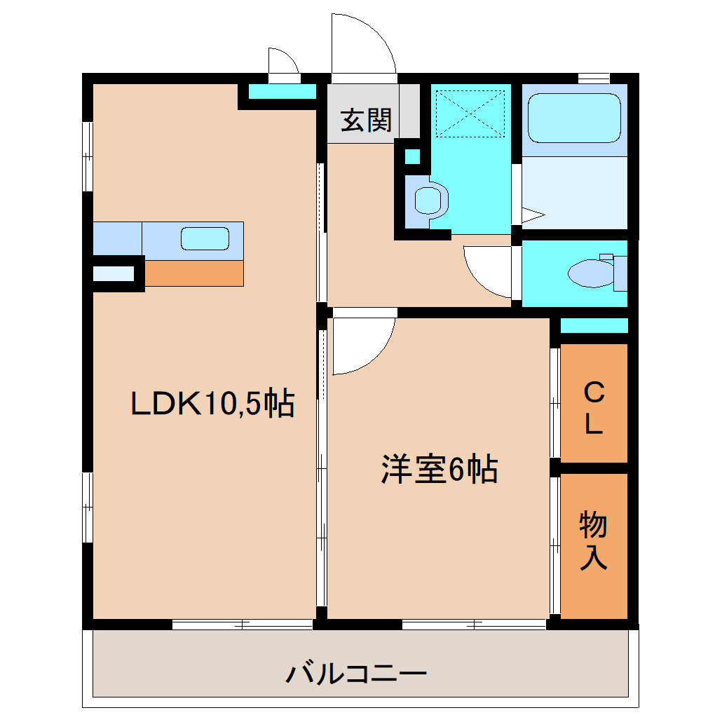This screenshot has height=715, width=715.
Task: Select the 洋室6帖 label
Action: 440,469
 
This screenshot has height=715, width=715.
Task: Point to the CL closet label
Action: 594,409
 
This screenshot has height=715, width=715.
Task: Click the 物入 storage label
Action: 593,540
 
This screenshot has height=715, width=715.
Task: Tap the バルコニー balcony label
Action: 356,674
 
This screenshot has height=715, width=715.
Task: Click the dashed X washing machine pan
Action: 470,112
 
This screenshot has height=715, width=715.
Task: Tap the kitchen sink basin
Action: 205,238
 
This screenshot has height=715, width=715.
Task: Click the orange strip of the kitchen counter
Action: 193,273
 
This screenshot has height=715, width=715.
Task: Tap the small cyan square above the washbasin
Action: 413,156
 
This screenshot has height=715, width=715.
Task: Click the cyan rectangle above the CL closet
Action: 594,325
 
